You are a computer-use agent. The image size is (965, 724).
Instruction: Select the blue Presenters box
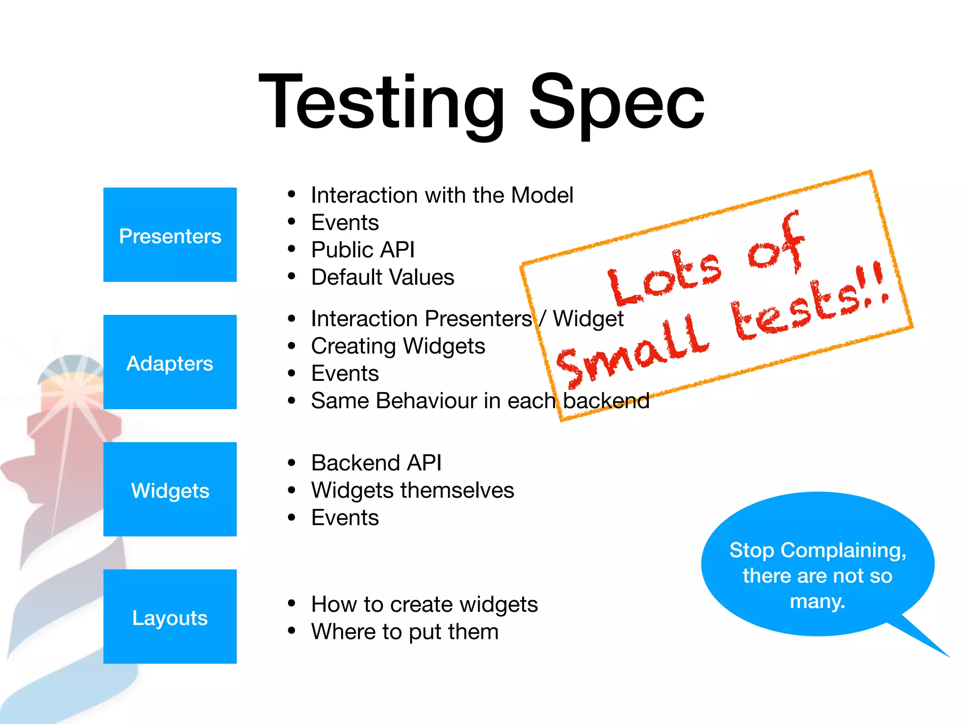170,235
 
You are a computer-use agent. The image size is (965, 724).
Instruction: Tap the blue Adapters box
170,362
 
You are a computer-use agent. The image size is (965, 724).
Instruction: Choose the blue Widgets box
170,490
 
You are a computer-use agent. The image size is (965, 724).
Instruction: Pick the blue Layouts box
170,617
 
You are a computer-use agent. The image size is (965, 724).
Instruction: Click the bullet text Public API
363,250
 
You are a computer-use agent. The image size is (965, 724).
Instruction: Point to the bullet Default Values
383,277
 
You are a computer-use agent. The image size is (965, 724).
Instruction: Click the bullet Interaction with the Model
442,195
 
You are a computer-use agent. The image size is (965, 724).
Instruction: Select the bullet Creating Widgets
398,346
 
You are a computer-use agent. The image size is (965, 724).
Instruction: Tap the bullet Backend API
376,463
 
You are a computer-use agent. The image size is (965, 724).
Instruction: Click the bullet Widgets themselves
412,490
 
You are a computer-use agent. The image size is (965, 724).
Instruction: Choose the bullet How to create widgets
424,604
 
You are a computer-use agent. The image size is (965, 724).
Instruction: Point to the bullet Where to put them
405,632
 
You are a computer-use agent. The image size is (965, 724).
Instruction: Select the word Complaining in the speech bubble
843,550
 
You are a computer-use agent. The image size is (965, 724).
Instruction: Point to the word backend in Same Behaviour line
606,401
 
